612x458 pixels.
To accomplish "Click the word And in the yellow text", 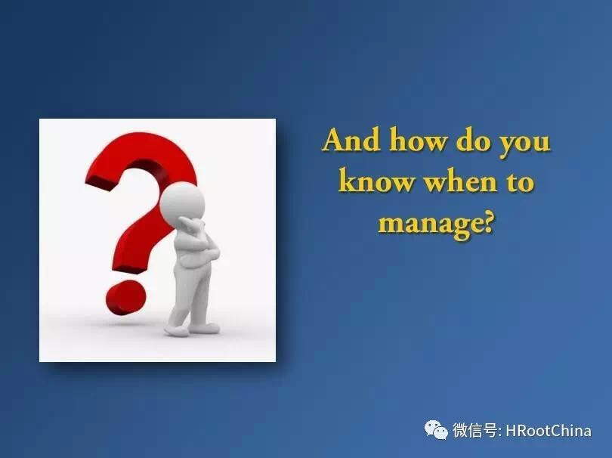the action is (x=351, y=139).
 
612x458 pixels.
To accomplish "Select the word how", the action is (x=418, y=139).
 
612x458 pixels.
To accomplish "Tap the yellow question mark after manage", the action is (x=487, y=221).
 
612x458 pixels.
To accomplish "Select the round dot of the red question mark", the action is (x=125, y=298).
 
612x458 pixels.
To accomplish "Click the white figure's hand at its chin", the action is (x=194, y=225).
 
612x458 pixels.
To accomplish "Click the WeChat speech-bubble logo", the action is (x=436, y=430).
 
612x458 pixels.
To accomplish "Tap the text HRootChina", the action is (x=549, y=431).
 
